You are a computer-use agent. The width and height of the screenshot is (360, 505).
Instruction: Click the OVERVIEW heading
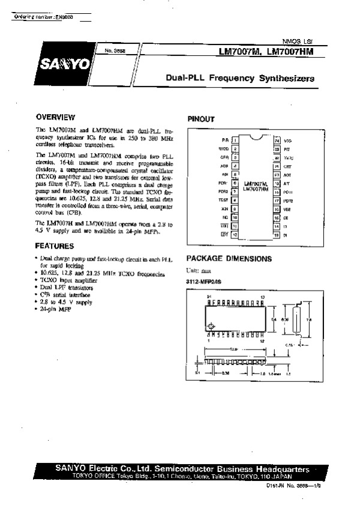(55, 116)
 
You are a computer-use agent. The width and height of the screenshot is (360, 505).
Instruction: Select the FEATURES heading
(55, 246)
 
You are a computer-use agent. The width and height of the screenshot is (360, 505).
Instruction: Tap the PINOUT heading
(202, 119)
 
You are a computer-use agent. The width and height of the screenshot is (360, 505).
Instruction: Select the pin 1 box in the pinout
(236, 139)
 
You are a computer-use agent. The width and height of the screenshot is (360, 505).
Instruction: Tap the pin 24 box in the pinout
(277, 139)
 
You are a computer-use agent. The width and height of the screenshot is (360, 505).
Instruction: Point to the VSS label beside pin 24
(287, 139)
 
